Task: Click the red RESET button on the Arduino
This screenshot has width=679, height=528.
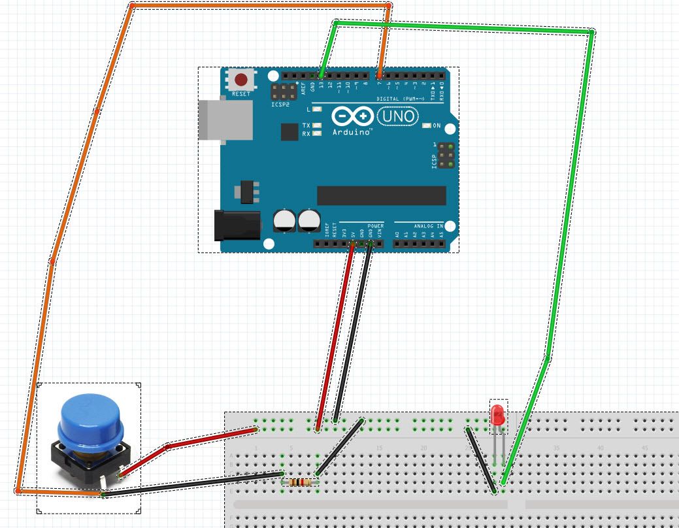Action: coord(241,80)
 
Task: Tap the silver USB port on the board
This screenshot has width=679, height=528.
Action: coord(225,120)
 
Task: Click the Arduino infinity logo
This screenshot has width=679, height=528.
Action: coord(353,117)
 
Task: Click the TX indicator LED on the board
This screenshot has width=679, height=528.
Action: coord(318,125)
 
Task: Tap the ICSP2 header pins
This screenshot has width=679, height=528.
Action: coord(282,91)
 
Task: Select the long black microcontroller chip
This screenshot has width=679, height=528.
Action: coord(381,195)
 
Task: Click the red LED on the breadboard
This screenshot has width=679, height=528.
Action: coord(498,416)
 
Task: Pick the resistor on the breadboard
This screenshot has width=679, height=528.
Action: coord(299,482)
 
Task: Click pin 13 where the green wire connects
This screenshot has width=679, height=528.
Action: coord(322,76)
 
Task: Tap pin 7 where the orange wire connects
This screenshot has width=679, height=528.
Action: coord(380,76)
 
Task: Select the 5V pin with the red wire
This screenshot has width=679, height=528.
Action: coord(352,244)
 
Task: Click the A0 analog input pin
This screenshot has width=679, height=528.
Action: coord(397,244)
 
